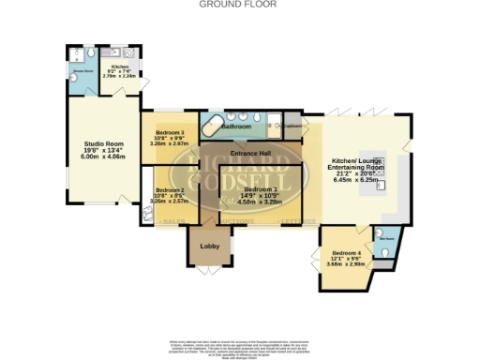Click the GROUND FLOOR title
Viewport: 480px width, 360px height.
(240, 4)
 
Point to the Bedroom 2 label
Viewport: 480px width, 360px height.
(169, 189)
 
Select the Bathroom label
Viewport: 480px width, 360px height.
(236, 126)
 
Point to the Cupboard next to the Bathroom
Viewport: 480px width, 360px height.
(292, 126)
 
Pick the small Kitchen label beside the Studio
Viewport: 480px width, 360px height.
(120, 67)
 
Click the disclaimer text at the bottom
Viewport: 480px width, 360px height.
(240, 344)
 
